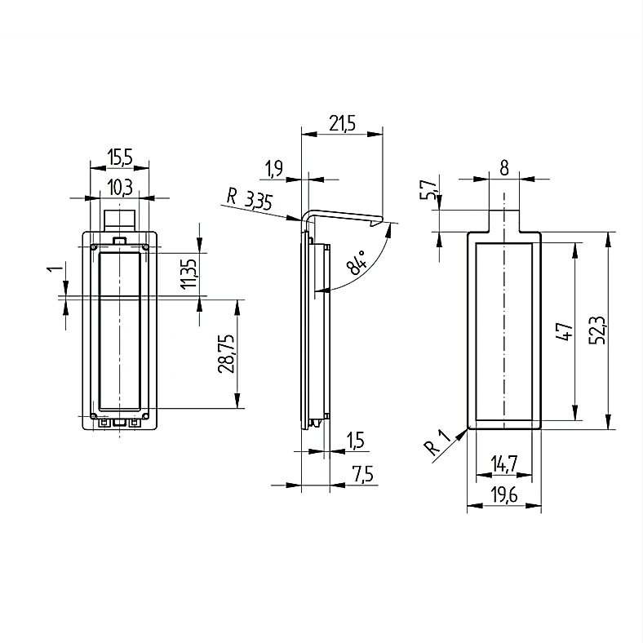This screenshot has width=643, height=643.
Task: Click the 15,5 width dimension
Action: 120,157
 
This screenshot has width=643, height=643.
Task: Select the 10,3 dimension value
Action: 120,188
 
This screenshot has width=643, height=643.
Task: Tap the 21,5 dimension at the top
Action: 343,123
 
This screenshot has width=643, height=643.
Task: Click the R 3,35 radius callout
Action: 250,200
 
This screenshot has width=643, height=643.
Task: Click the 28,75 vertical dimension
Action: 226,353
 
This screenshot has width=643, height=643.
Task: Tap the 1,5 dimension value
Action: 355,441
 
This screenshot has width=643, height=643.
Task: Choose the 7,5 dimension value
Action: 363,474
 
